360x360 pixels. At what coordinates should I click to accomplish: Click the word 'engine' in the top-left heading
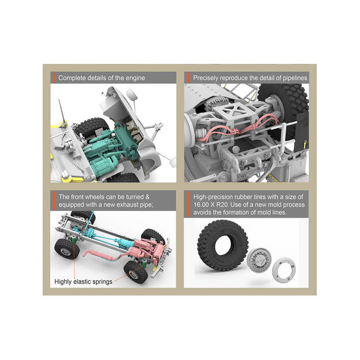(x=135, y=78)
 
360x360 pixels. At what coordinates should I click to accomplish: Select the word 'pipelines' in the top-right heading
(x=295, y=78)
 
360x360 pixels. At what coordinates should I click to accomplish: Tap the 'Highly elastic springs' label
(x=84, y=282)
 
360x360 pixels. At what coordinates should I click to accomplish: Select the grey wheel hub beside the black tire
(x=259, y=260)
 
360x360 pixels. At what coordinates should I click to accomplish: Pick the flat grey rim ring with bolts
(x=284, y=269)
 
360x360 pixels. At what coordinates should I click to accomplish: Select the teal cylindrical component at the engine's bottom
(x=101, y=165)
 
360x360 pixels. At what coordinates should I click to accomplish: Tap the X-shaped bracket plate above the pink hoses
(x=234, y=109)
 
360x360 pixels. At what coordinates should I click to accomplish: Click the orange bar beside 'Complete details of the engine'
(x=55, y=78)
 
